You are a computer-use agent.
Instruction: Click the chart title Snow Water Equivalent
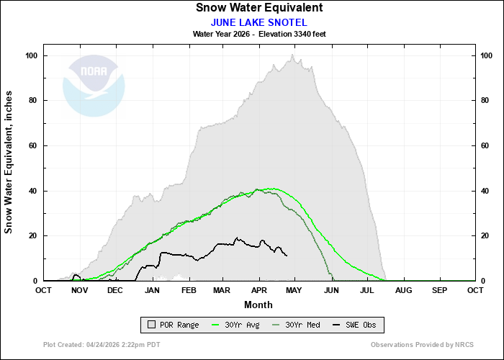point(259,8)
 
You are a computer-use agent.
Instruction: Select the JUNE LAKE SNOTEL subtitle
point(259,22)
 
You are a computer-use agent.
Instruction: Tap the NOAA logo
point(94,86)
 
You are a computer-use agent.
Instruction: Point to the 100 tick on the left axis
point(32,56)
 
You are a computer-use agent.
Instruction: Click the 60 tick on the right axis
point(486,146)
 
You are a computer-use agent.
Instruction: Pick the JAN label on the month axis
point(152,290)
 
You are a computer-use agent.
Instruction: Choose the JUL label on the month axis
point(367,290)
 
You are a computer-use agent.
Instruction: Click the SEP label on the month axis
point(439,290)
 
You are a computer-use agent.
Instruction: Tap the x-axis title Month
point(259,305)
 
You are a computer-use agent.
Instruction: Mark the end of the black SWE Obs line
point(287,256)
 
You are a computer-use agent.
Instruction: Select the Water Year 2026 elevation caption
point(259,34)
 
